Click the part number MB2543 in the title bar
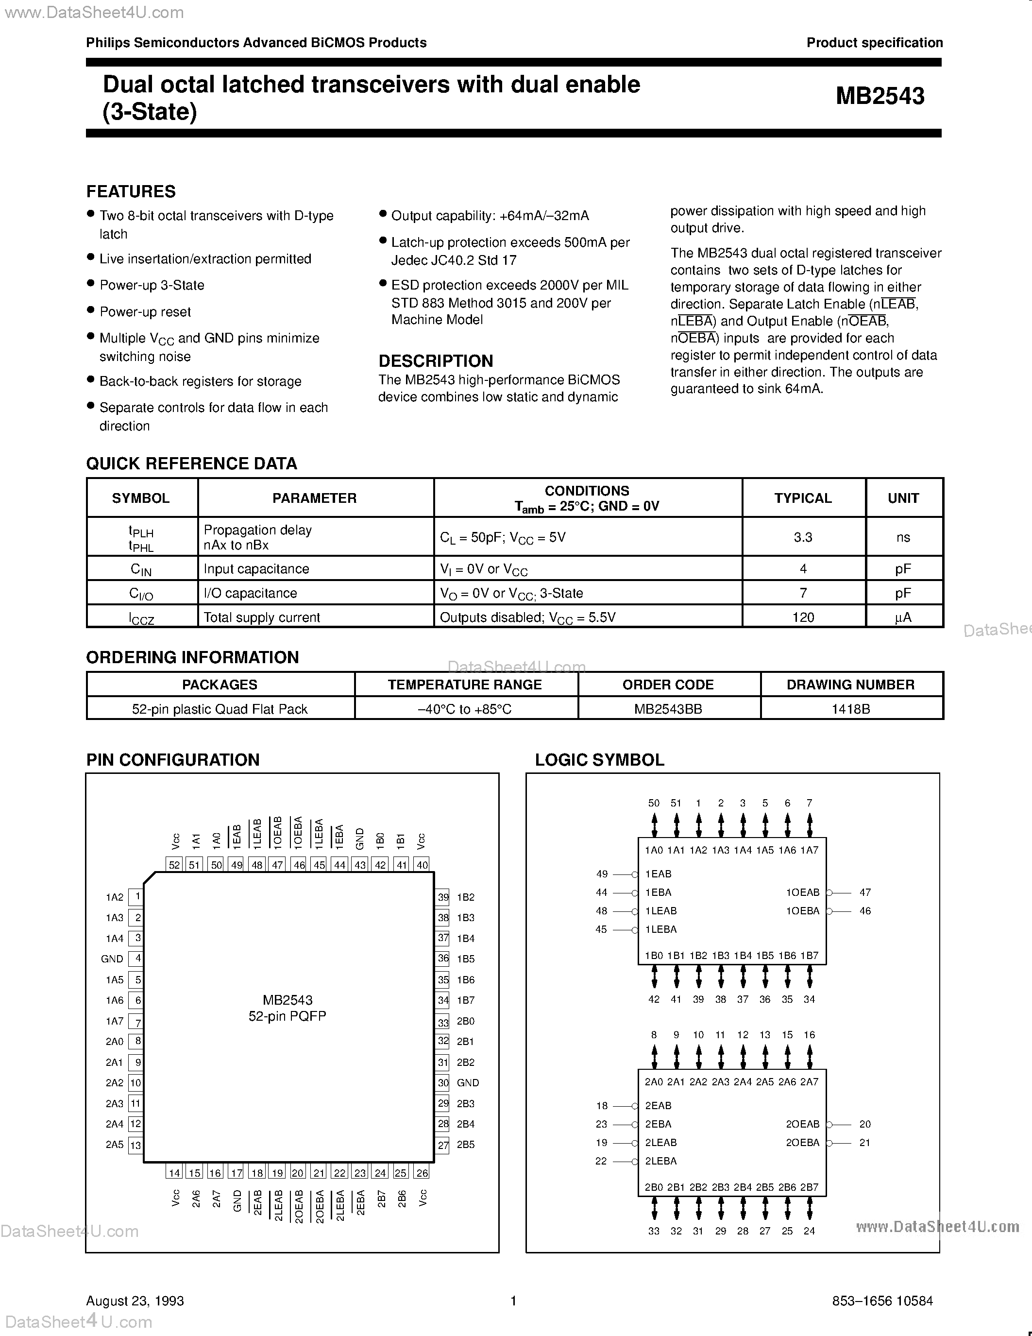point(880,96)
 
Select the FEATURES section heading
point(131,191)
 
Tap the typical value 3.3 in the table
point(803,537)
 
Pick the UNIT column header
point(903,498)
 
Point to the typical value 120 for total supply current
point(803,617)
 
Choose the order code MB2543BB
point(668,709)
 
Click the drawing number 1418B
point(850,709)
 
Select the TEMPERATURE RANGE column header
point(465,685)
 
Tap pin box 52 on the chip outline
point(175,865)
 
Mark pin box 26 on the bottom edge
point(422,1173)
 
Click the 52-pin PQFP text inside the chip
point(288,1016)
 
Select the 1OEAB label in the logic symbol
point(802,892)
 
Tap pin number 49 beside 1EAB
point(602,874)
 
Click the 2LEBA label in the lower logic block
point(661,1161)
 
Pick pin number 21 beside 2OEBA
point(864,1143)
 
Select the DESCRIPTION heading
point(435,361)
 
